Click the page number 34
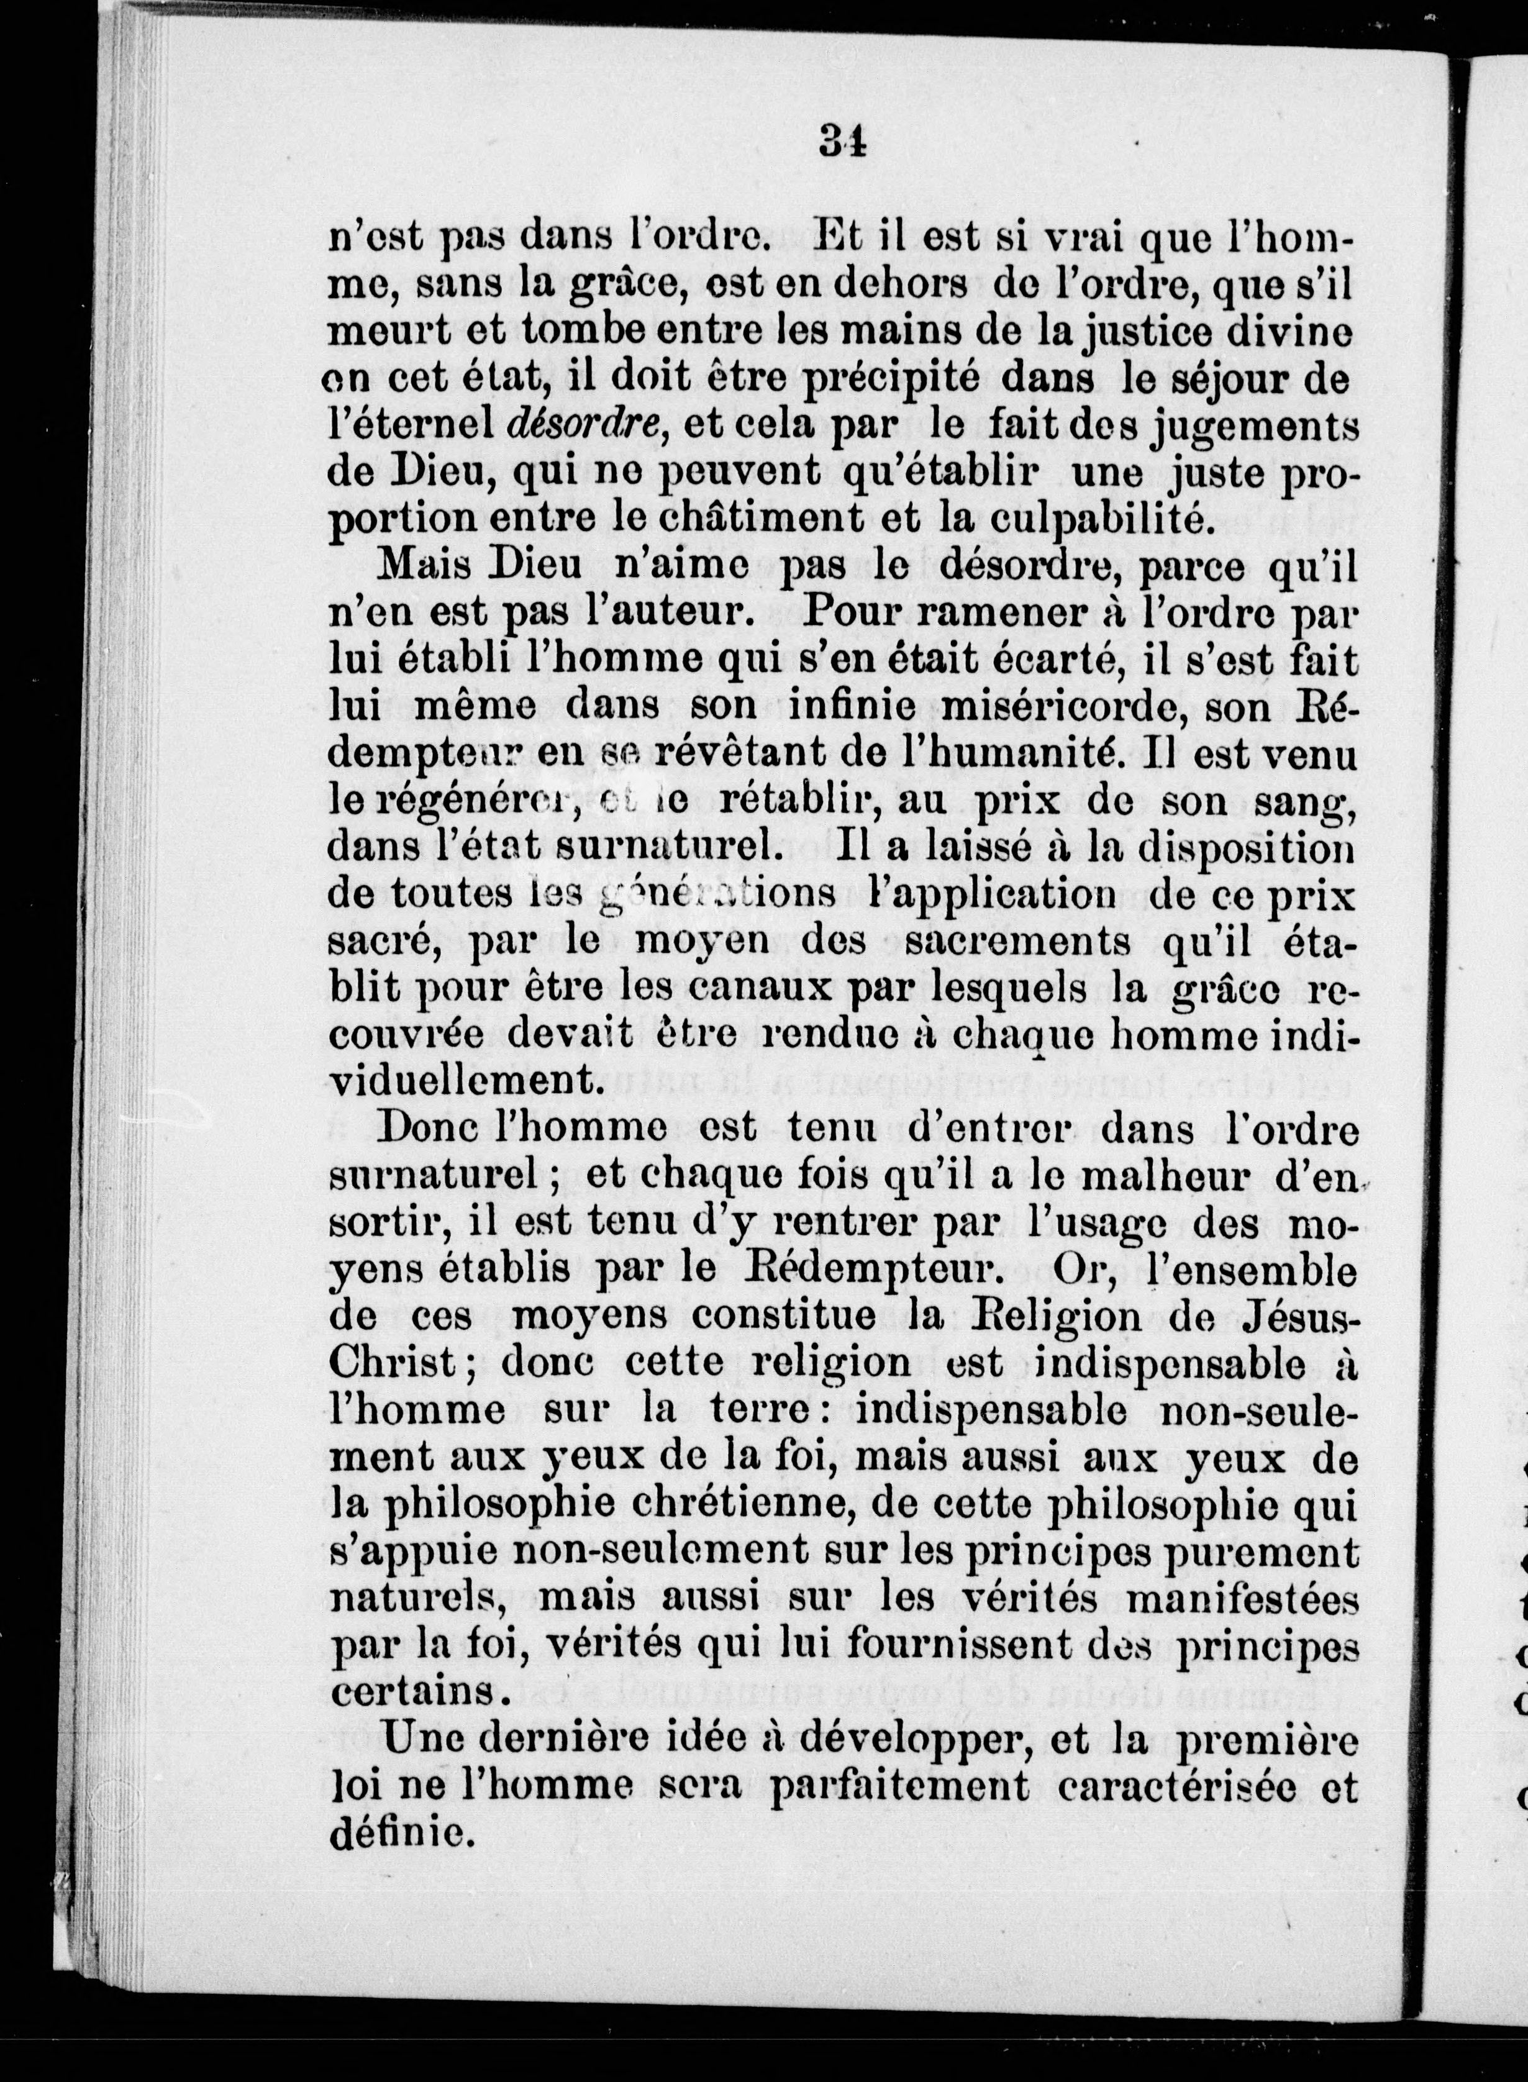click(841, 145)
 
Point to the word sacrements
click(1017, 942)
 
